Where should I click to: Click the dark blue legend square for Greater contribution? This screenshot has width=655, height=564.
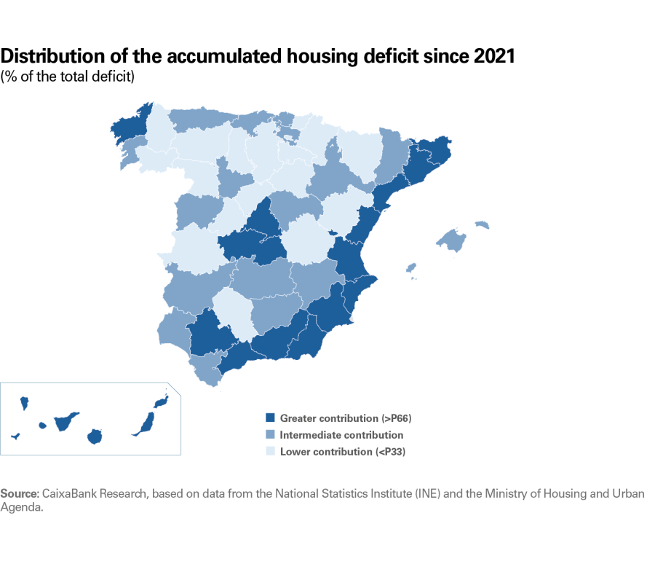tap(270, 418)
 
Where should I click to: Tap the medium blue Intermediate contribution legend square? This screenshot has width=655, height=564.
tap(270, 435)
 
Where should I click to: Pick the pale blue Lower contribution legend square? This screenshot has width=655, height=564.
tap(270, 452)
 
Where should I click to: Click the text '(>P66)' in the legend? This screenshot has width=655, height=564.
tap(401, 418)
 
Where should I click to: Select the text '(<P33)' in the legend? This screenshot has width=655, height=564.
tap(390, 452)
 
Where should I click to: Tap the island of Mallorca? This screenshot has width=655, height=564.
tap(452, 240)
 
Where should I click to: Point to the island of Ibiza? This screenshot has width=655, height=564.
tap(411, 267)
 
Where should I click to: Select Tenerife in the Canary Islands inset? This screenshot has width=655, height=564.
tap(67, 421)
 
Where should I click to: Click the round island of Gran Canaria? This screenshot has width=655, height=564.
tap(94, 436)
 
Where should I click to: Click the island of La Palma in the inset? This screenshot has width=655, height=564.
tap(23, 402)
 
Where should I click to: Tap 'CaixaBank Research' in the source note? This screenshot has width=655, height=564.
tap(96, 494)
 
